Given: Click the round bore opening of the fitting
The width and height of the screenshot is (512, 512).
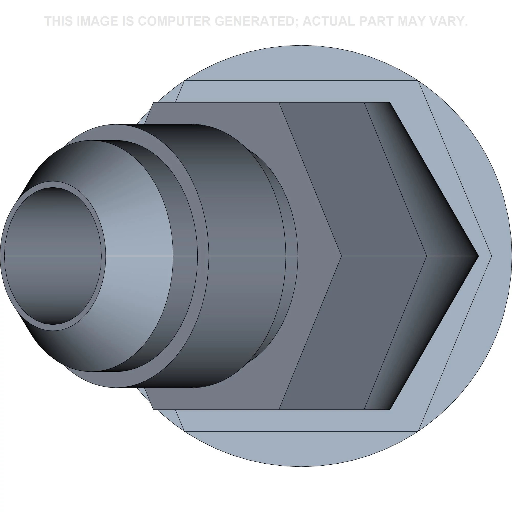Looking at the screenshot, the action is [x=53, y=256].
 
